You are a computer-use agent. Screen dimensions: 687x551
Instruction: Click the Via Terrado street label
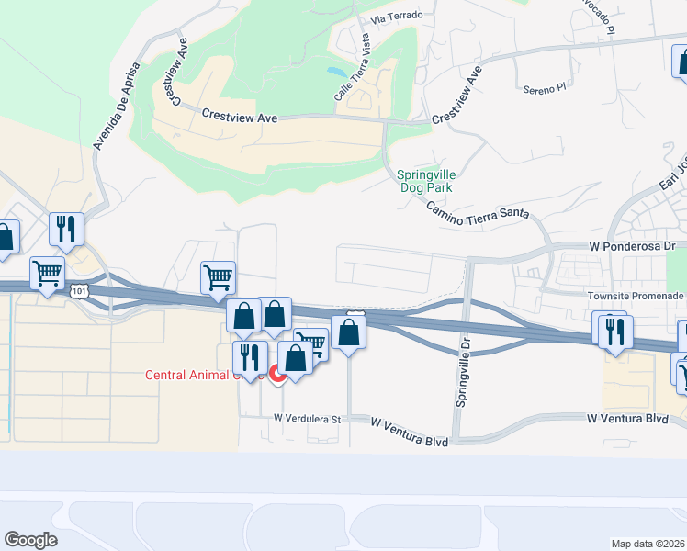coord(397,17)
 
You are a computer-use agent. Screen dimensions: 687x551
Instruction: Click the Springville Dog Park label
coord(427,180)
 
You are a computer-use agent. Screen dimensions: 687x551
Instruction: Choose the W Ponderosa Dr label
coord(631,247)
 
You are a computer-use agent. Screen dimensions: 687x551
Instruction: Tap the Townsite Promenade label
coord(636,296)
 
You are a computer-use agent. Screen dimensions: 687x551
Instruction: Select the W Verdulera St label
coord(306,419)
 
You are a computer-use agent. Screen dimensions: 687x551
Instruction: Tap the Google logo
coord(30,539)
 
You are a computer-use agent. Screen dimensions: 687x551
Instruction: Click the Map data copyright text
coord(648,543)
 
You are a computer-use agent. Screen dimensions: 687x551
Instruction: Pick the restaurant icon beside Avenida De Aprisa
coord(66,229)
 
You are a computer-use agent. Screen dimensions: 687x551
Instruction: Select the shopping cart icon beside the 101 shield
coord(47,273)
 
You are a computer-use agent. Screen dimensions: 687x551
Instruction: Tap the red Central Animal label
coord(196,374)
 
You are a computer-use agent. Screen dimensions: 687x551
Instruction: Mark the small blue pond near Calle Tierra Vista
coord(337,70)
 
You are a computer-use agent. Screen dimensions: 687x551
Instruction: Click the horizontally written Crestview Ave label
coord(242,118)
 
